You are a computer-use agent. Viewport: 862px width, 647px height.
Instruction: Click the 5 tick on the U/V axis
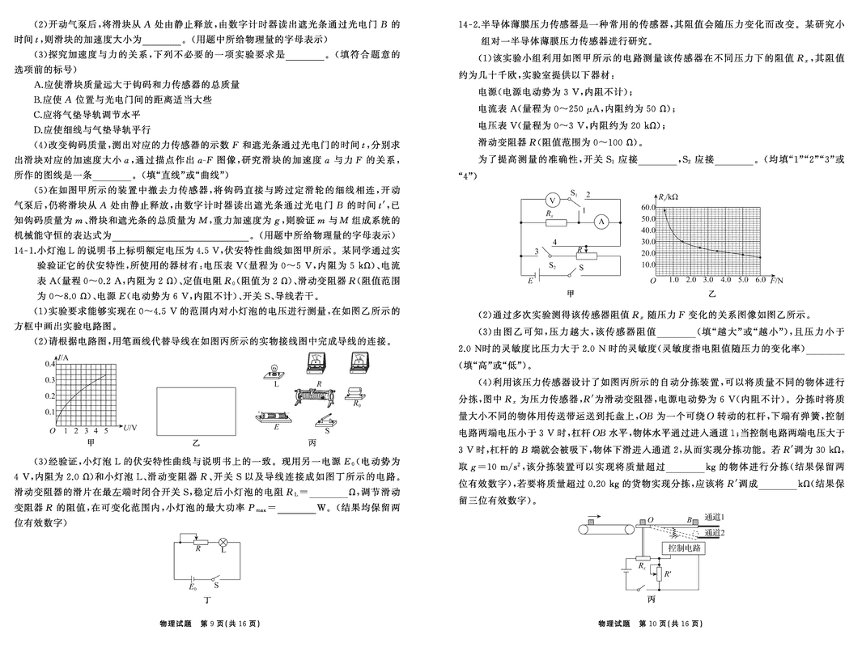(x=106, y=429)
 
